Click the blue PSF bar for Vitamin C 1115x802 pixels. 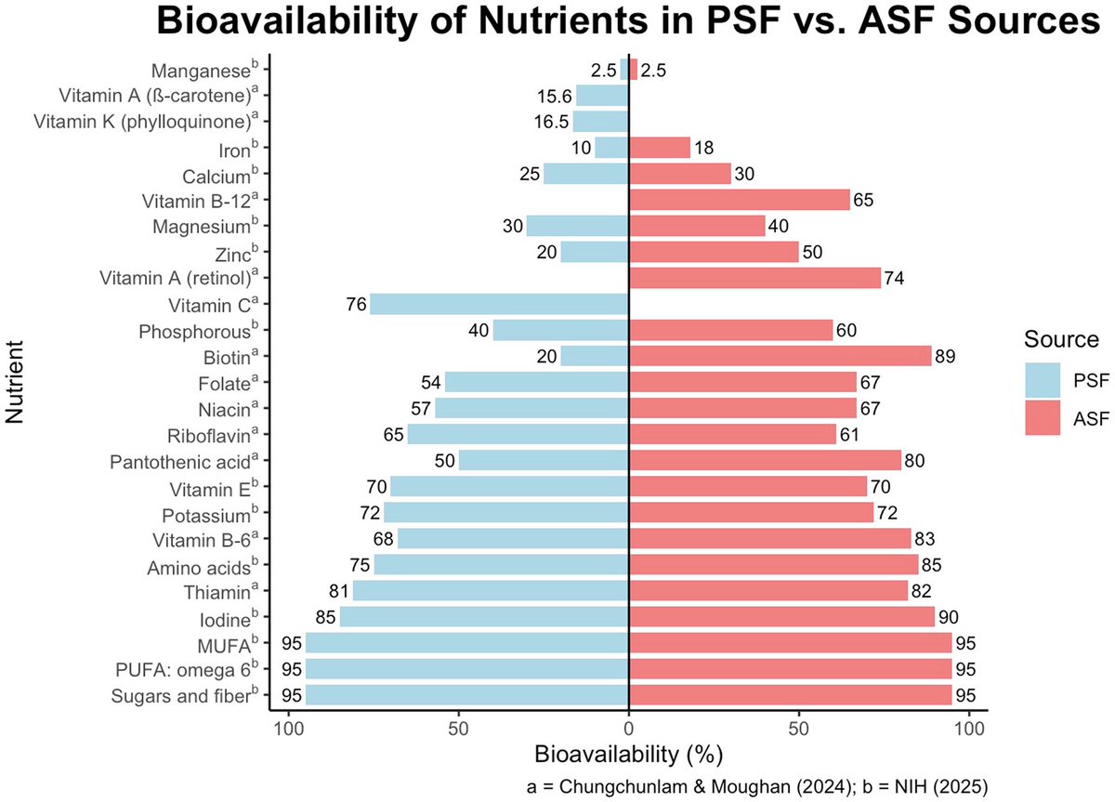pos(499,304)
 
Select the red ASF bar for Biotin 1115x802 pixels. pos(780,356)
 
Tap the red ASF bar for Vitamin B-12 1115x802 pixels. pos(739,200)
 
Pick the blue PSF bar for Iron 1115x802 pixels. pos(611,148)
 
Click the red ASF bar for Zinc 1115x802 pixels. pos(714,252)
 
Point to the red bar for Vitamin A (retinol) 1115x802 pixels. pos(754,278)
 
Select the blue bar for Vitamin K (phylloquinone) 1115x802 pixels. pos(600,122)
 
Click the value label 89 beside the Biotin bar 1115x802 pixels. pos(946,356)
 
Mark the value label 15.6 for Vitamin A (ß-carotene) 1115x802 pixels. pos(554,96)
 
